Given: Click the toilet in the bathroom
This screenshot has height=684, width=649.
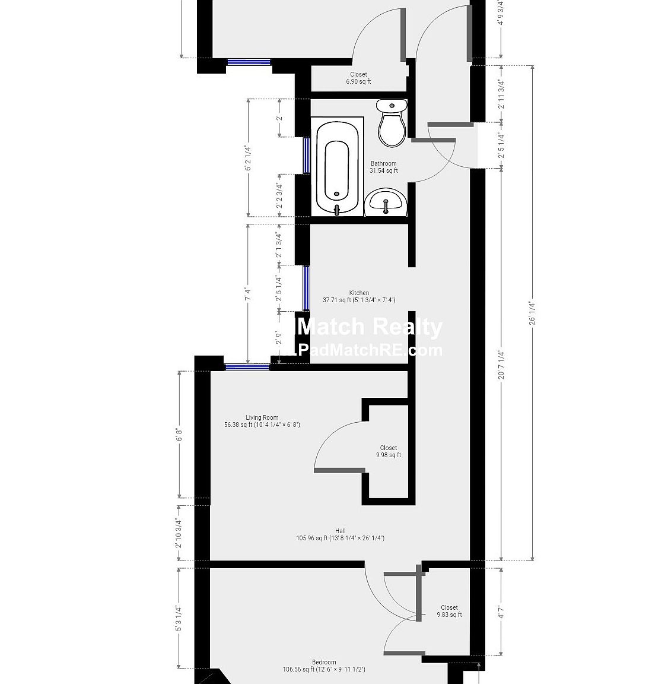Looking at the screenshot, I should [392, 123].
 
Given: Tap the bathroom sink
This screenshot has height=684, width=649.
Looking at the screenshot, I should [386, 202].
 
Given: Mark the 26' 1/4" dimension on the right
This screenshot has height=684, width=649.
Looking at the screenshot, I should [532, 312].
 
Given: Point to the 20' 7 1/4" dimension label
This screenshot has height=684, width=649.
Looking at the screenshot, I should [501, 364].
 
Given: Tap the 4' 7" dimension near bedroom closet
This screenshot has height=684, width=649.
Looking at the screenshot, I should [501, 612].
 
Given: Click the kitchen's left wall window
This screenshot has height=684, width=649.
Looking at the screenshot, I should [306, 288].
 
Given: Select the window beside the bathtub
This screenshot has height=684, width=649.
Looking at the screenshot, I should [307, 156].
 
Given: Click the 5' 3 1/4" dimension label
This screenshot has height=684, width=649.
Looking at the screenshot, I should [179, 617].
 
